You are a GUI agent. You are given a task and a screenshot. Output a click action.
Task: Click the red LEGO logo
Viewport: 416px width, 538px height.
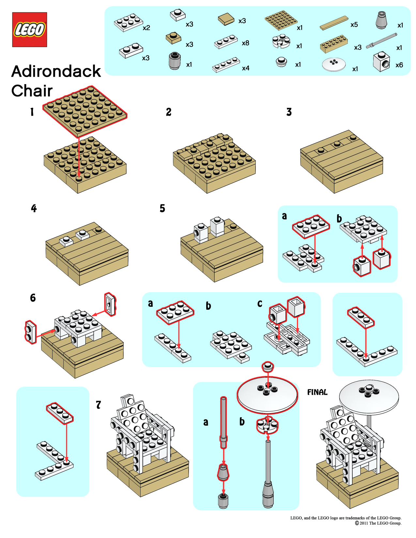coord(30,30)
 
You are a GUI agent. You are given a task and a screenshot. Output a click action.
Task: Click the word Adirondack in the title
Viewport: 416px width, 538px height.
coord(56,71)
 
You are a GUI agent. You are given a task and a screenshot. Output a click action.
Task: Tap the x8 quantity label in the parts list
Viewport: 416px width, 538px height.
coord(245,43)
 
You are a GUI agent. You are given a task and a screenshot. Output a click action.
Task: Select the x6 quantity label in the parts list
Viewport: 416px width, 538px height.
coord(399,65)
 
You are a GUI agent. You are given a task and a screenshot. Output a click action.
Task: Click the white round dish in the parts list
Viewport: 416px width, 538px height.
coord(333,64)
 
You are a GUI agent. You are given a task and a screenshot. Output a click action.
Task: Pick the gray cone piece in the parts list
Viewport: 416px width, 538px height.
coord(381,21)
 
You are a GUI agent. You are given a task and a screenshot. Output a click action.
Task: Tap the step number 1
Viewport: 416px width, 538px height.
coord(32,112)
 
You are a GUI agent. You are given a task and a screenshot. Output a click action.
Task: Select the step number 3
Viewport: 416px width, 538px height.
coord(289,112)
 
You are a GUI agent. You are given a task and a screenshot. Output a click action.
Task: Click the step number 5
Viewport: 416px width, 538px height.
coord(162,208)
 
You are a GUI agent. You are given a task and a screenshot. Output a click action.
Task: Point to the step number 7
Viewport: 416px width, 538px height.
coord(98,405)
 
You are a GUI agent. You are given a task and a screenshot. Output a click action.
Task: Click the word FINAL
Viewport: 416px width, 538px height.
coord(317,392)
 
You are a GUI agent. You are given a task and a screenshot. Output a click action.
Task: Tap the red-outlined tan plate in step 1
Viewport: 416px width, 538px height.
coord(85,111)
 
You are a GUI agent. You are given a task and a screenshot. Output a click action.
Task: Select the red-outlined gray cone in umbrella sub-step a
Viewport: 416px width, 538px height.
coord(223,472)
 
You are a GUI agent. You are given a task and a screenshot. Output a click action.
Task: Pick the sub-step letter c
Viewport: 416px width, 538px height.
coord(260,304)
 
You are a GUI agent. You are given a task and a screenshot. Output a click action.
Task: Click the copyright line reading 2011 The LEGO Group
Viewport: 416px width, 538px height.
coord(378,523)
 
